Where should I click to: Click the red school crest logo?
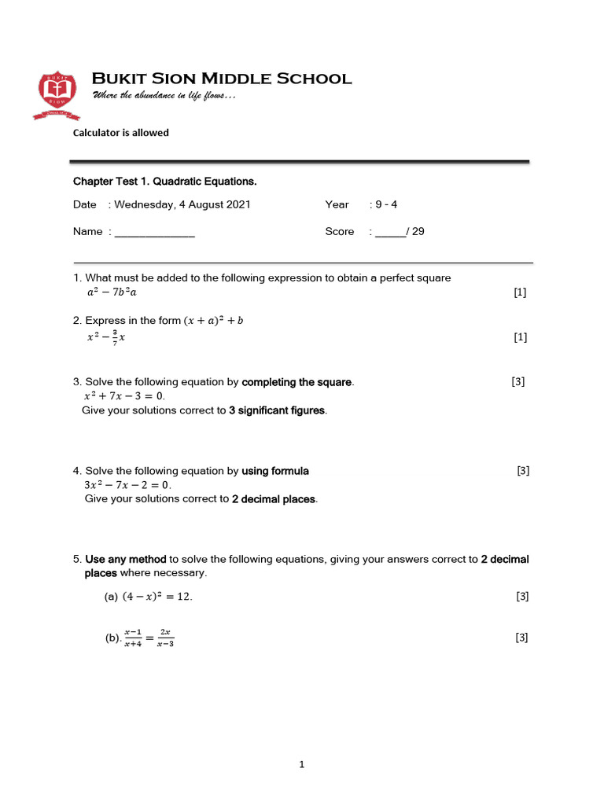point(57,94)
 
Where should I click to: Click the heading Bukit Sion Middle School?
point(222,79)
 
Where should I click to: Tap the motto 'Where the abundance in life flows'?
point(164,95)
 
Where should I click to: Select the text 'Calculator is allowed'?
point(121,133)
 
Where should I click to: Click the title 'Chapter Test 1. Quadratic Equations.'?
point(165,182)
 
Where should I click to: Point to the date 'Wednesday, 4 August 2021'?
point(182,204)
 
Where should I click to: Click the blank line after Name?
point(155,232)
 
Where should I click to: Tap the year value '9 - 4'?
point(386,204)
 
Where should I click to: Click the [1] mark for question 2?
point(520,337)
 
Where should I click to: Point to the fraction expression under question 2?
point(106,337)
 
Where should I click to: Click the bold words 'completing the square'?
point(297,382)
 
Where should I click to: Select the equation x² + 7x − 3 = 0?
point(124,396)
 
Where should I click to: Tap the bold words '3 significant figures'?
point(277,410)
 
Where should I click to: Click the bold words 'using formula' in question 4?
point(275,471)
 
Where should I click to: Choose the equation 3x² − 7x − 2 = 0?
point(127,485)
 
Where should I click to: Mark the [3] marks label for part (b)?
point(521,638)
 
